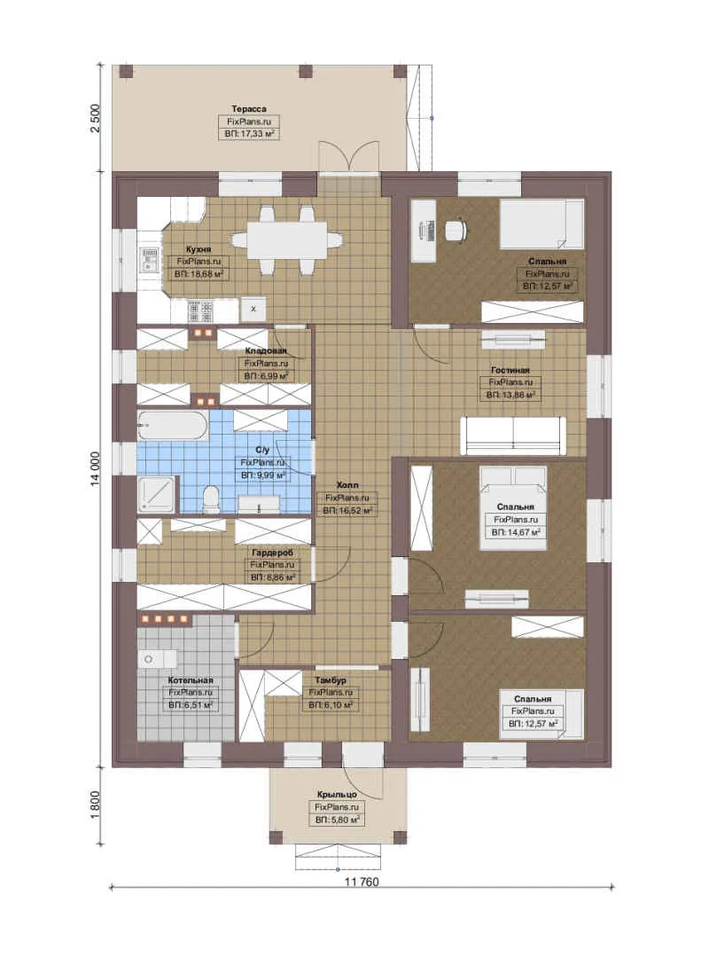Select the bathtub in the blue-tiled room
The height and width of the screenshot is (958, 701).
tap(173, 425)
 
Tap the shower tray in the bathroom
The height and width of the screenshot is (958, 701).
tap(157, 495)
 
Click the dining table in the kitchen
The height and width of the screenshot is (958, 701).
tap(287, 240)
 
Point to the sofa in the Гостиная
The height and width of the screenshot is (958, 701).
tap(513, 436)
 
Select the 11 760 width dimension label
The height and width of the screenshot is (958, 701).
tap(362, 882)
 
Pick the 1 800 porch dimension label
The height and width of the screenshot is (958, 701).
tap(95, 806)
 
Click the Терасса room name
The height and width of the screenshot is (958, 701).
tap(248, 109)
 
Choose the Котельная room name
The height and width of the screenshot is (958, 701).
tap(191, 680)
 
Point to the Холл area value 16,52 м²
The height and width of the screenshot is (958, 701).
tap(347, 510)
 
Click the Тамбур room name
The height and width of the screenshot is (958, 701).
tap(331, 680)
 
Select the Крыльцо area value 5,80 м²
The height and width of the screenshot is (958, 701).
tap(337, 820)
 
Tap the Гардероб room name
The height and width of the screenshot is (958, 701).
tap(272, 553)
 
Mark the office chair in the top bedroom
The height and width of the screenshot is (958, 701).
tap(456, 230)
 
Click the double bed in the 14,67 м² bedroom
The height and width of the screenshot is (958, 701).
tap(513, 508)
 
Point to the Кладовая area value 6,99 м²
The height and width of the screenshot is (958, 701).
tap(266, 376)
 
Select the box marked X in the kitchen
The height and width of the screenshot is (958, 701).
tap(253, 310)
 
